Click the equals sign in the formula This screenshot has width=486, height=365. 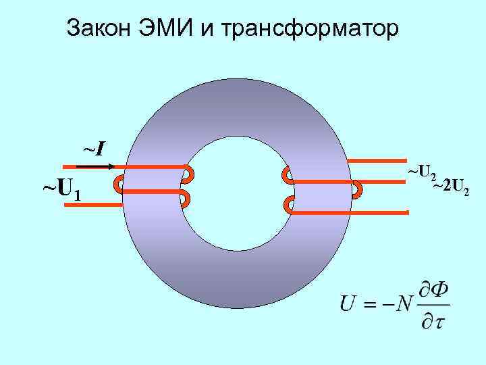[x=371, y=305]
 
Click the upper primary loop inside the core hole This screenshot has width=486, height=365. [x=188, y=174]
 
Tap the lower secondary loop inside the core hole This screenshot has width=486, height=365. [x=288, y=204]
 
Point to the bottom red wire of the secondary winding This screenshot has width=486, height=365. [x=351, y=212]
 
